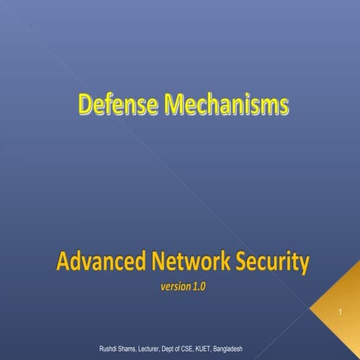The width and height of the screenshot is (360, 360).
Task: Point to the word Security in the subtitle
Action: (x=271, y=263)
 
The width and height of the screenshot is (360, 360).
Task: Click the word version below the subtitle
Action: (x=174, y=286)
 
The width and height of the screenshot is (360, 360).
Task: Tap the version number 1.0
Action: (x=198, y=286)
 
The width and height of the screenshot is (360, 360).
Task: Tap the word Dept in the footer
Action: (x=183, y=349)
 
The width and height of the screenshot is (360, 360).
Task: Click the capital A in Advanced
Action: (x=62, y=263)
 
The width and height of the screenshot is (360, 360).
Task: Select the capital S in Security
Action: (x=242, y=263)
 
